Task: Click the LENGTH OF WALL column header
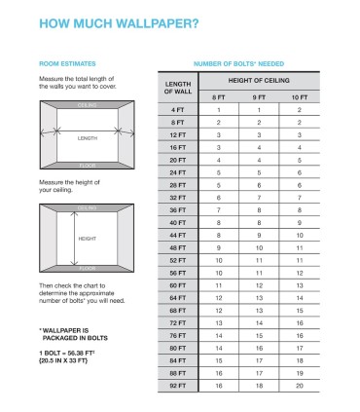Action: tap(178, 87)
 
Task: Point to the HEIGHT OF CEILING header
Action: tap(259, 80)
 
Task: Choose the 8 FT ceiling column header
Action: tap(218, 97)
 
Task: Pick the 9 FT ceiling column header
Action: tap(259, 97)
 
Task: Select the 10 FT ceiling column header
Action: tap(299, 97)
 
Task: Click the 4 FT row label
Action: tap(178, 110)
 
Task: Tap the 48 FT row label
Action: tap(178, 247)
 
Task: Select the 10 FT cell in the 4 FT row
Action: tap(299, 110)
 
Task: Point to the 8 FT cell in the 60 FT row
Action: tap(218, 285)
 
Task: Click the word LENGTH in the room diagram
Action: tap(88, 138)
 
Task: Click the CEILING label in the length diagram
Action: tap(88, 102)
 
